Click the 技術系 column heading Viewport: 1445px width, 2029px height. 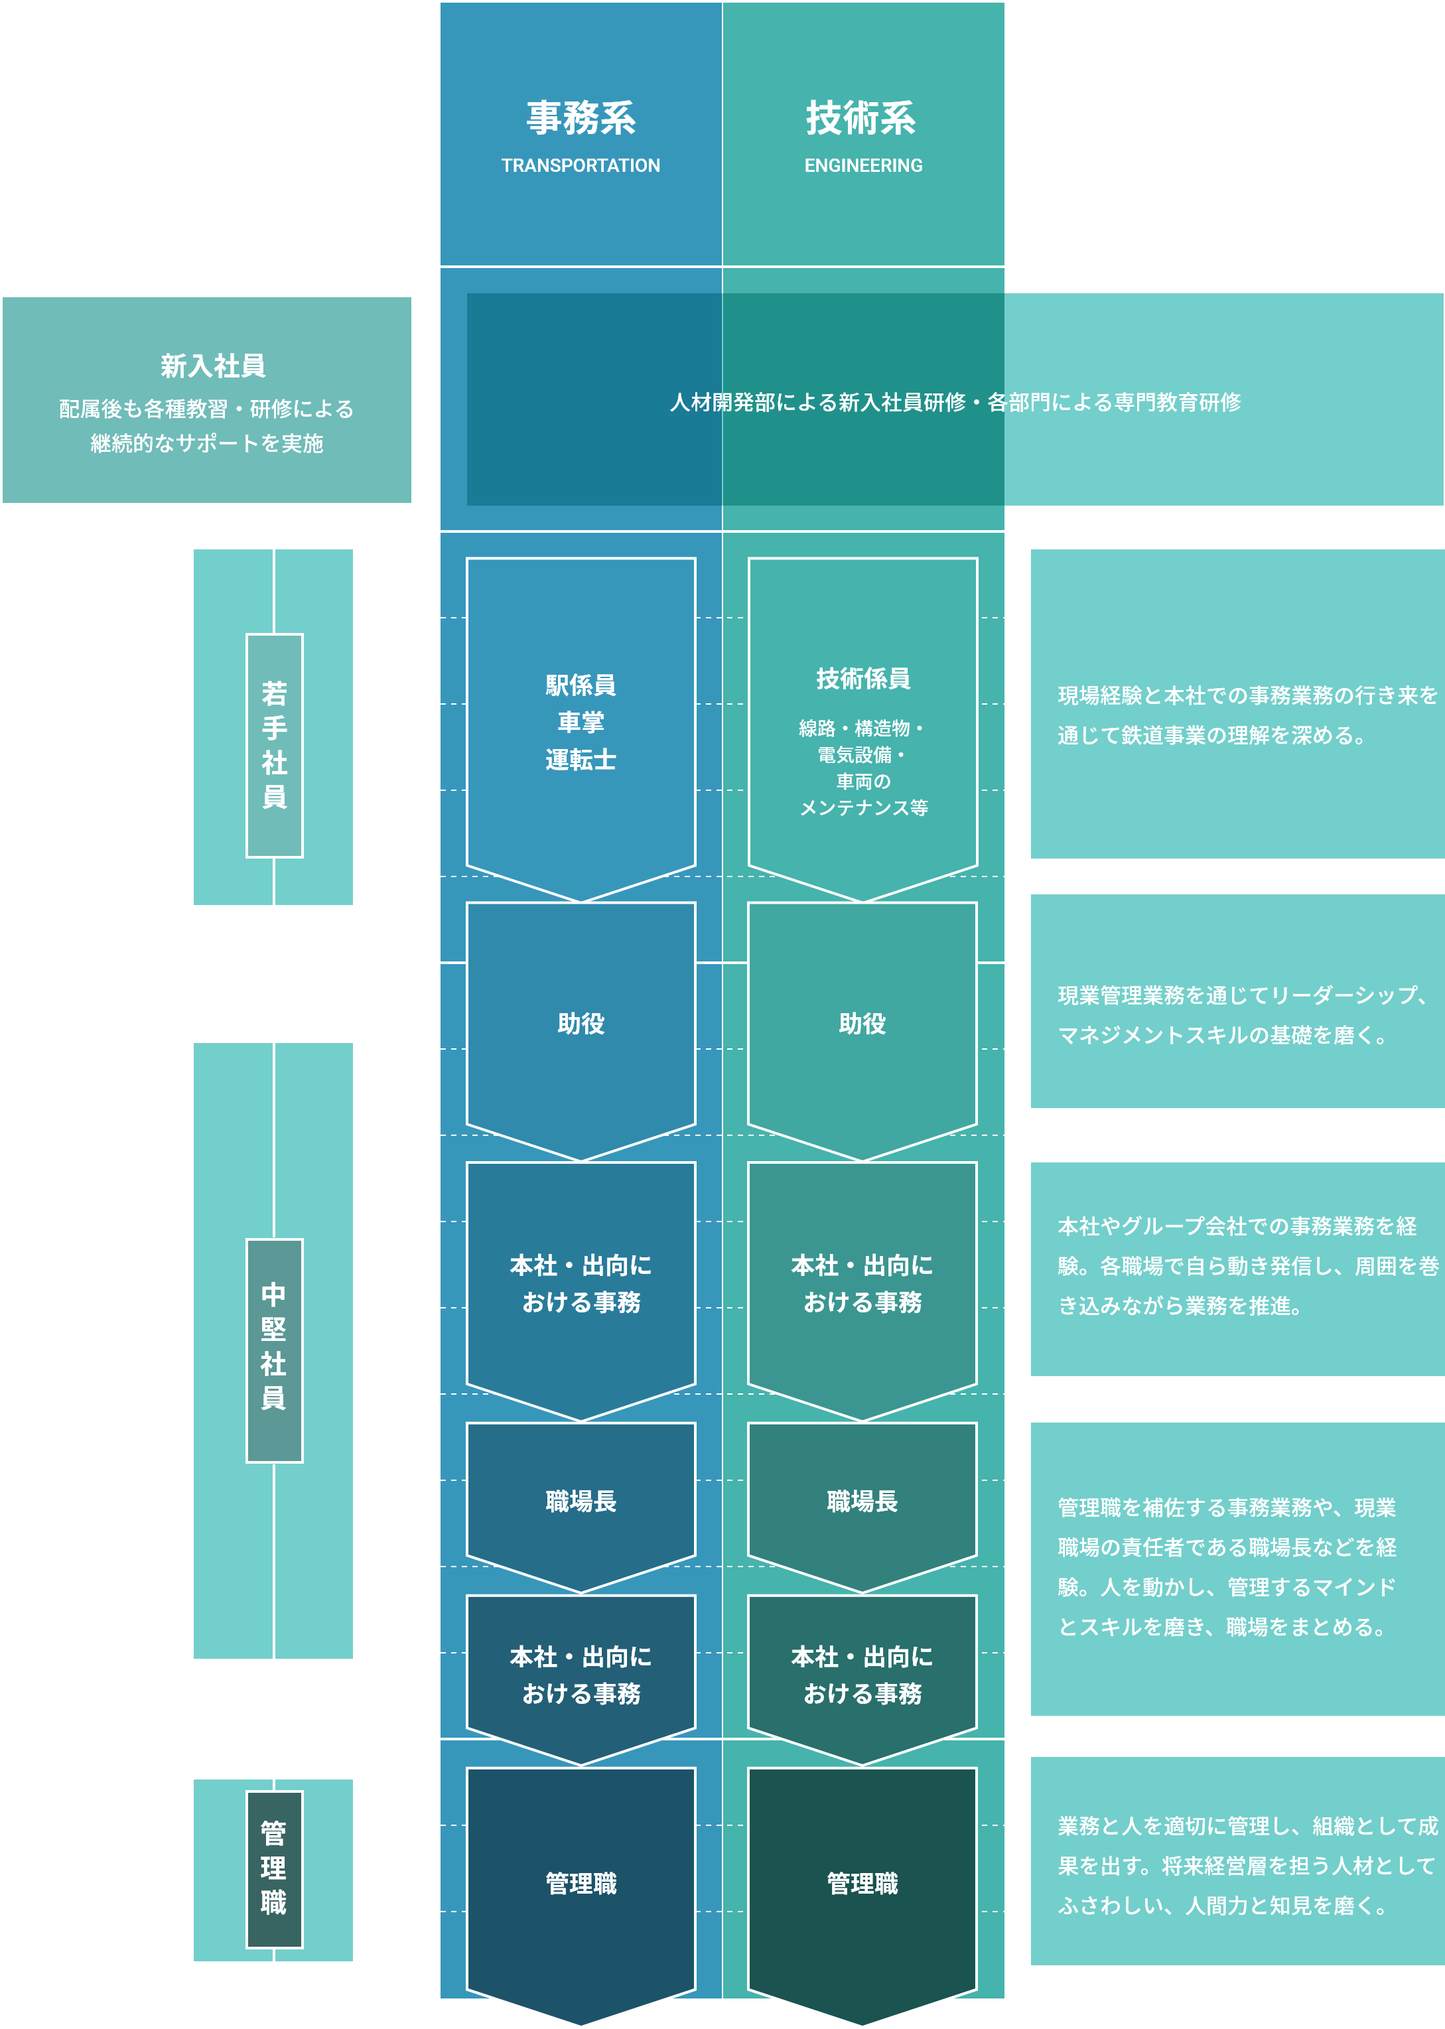(x=860, y=118)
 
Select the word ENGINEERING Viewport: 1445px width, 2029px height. (x=863, y=165)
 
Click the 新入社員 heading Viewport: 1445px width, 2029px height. (x=213, y=366)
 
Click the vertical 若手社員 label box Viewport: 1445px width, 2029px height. (x=274, y=745)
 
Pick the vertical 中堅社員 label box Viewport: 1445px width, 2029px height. (x=274, y=1350)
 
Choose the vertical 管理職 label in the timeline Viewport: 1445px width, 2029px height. (x=274, y=1869)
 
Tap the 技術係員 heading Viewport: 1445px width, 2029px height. (x=862, y=678)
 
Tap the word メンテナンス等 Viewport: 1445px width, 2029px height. (x=863, y=808)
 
